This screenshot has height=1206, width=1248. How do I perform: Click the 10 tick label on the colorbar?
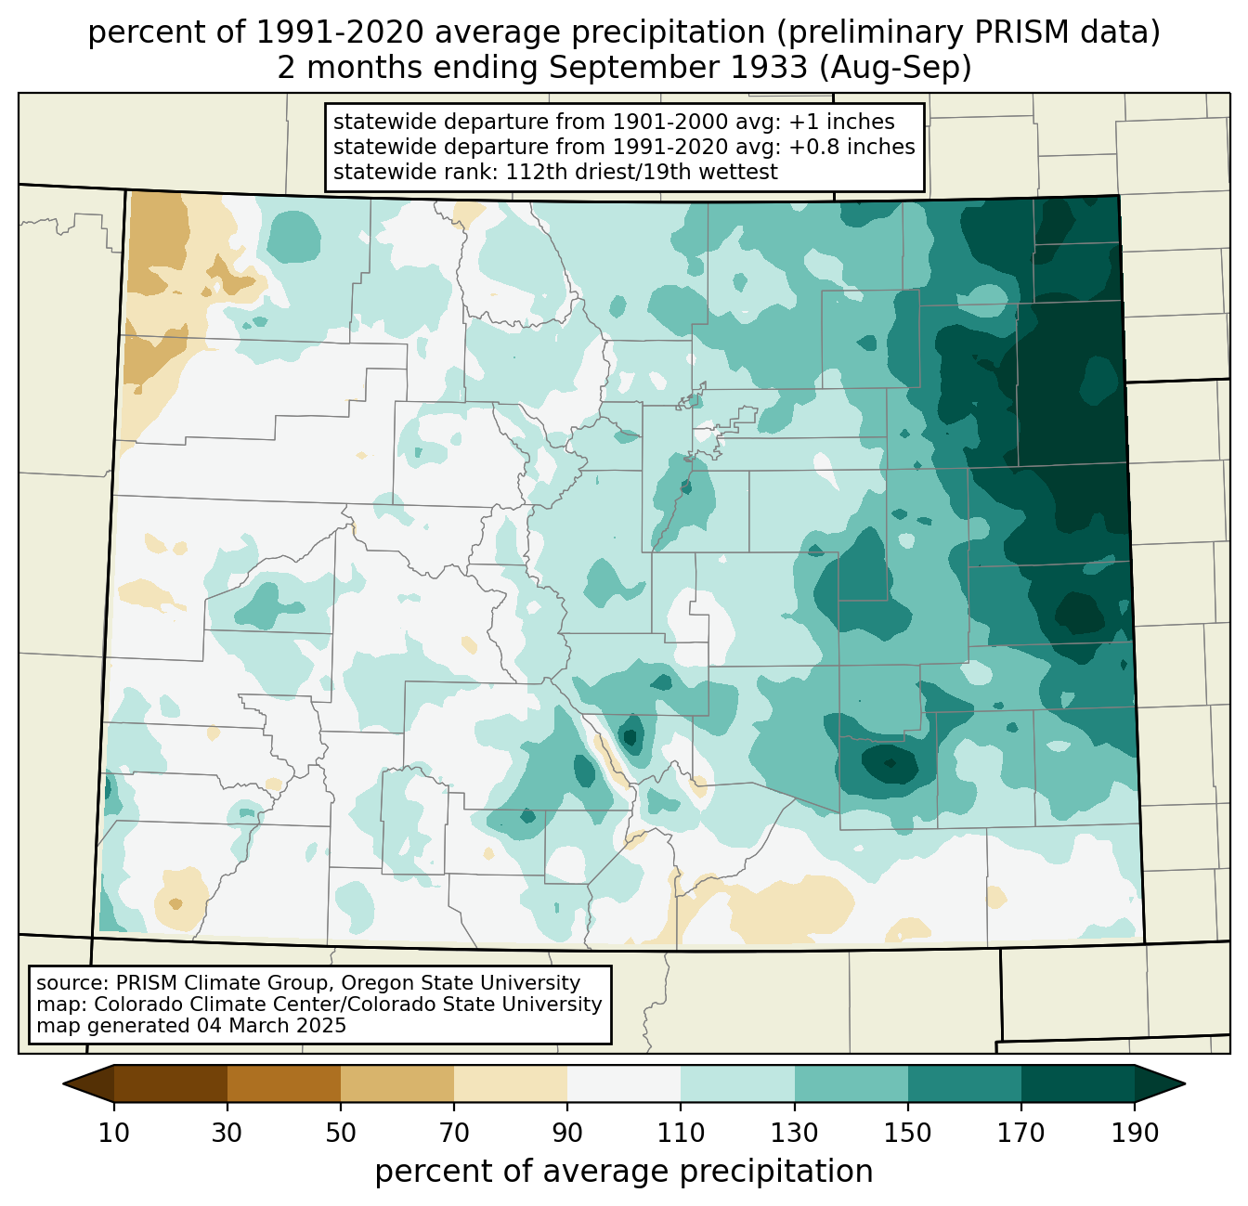pos(114,1133)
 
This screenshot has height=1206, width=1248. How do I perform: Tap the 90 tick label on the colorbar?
pos(567,1133)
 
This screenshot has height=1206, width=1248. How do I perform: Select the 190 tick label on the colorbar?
pos(1134,1133)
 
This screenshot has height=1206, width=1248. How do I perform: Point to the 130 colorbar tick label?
pos(794,1133)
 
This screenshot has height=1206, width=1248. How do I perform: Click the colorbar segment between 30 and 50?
pos(284,1083)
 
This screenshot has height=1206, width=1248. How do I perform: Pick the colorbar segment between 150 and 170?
pos(964,1083)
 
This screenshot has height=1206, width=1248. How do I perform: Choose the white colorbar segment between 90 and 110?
pos(624,1083)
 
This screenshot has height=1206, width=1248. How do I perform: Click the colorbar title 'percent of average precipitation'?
pos(624,1172)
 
